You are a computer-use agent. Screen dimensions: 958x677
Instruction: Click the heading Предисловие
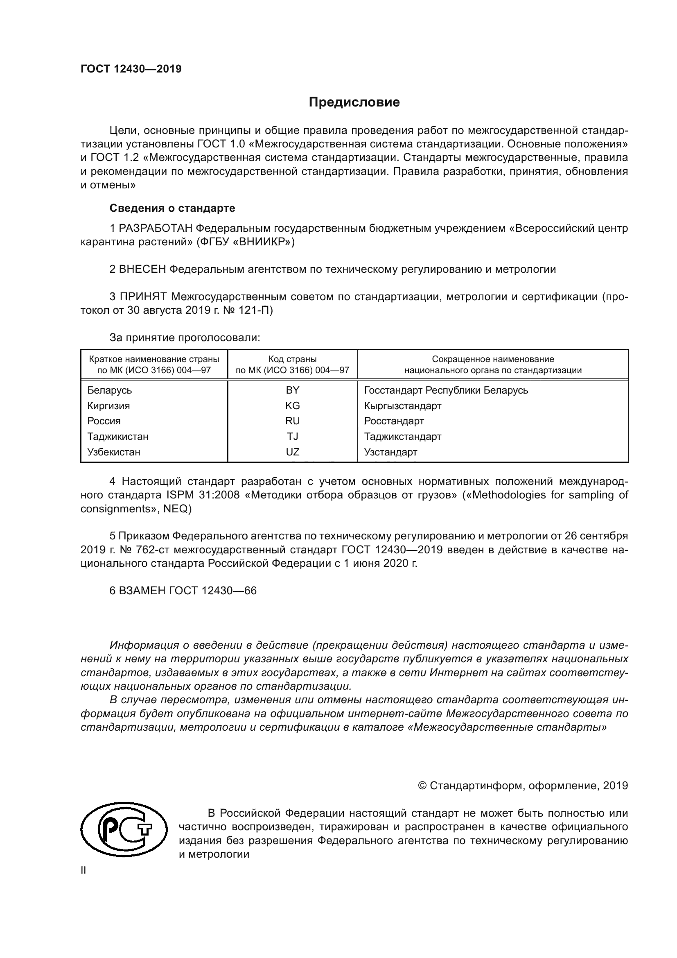[354, 102]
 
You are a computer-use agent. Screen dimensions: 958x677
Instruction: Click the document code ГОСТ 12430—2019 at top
[131, 69]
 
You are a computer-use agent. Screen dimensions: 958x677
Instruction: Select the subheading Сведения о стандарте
[172, 208]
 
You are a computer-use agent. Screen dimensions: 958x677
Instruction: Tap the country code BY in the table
[293, 390]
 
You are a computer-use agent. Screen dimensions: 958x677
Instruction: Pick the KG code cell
[293, 405]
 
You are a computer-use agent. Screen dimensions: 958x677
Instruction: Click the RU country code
[293, 421]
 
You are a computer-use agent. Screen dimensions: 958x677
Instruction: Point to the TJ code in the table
[293, 437]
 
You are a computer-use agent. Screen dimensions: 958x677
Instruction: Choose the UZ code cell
[293, 452]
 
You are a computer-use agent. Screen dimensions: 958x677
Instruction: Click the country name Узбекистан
[113, 452]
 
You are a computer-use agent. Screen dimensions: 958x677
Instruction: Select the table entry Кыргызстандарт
[402, 405]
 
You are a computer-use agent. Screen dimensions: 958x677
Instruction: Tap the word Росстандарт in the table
[393, 421]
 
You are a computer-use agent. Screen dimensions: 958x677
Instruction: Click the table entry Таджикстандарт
[402, 437]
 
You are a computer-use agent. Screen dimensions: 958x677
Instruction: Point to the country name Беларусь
[109, 390]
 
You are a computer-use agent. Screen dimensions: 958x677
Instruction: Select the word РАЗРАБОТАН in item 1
[156, 228]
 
